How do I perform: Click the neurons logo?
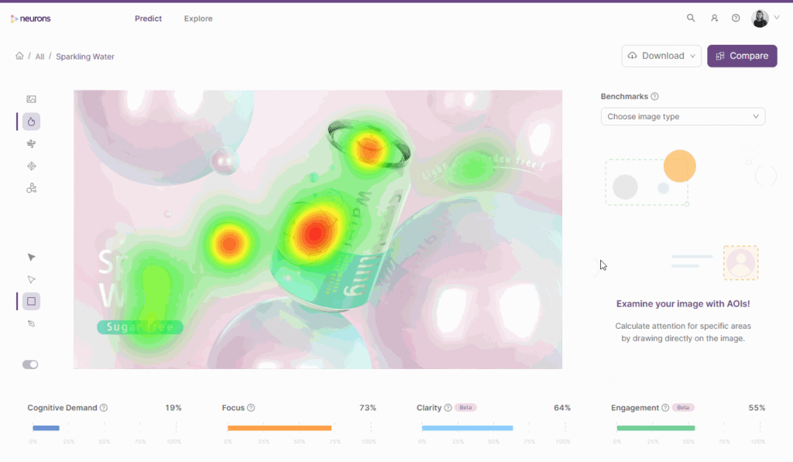pyautogui.click(x=31, y=19)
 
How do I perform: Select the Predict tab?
pyautogui.click(x=148, y=19)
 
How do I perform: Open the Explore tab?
pyautogui.click(x=198, y=19)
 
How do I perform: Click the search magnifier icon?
pyautogui.click(x=691, y=18)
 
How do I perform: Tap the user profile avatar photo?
pyautogui.click(x=760, y=18)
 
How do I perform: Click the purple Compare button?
pyautogui.click(x=742, y=56)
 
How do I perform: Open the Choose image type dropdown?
pyautogui.click(x=683, y=117)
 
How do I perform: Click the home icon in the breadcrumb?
pyautogui.click(x=19, y=56)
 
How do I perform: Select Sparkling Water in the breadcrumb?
pyautogui.click(x=85, y=56)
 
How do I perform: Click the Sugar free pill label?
pyautogui.click(x=139, y=327)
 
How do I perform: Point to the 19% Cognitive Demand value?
pyautogui.click(x=173, y=408)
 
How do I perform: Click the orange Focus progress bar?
pyautogui.click(x=280, y=428)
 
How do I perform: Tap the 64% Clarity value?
pyautogui.click(x=562, y=408)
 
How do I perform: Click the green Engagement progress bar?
pyautogui.click(x=655, y=428)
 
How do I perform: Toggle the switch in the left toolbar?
pyautogui.click(x=30, y=364)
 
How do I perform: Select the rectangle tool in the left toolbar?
pyautogui.click(x=31, y=301)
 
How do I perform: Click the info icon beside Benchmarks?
pyautogui.click(x=654, y=97)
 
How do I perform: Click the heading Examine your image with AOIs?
pyautogui.click(x=683, y=304)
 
